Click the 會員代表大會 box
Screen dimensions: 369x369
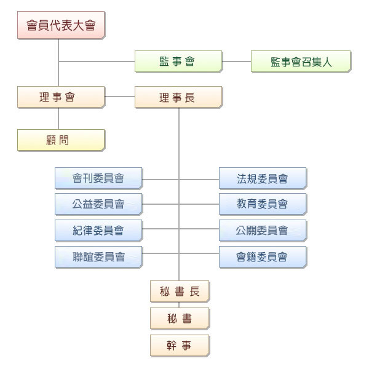pyautogui.click(x=61, y=25)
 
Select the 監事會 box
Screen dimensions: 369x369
pyautogui.click(x=178, y=61)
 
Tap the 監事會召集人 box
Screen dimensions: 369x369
pyautogui.click(x=301, y=61)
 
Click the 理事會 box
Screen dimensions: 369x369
pyautogui.click(x=61, y=97)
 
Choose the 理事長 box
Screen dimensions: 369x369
pyautogui.click(x=178, y=97)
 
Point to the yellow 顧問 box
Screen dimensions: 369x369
pyautogui.click(x=61, y=140)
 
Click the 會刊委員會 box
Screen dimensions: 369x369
pyautogui.click(x=98, y=178)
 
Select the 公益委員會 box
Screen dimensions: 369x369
pyautogui.click(x=98, y=204)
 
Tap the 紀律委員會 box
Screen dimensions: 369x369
pyautogui.click(x=98, y=231)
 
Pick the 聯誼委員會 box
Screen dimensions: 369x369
pyautogui.click(x=98, y=256)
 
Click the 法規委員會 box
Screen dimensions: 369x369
pyautogui.click(x=263, y=178)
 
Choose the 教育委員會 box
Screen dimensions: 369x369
pyautogui.click(x=263, y=204)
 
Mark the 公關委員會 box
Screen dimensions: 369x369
pyautogui.click(x=263, y=231)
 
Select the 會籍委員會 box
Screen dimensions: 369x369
pyautogui.click(x=263, y=256)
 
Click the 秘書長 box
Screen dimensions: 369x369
pyautogui.click(x=180, y=291)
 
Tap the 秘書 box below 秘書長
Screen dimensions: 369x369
pyautogui.click(x=180, y=318)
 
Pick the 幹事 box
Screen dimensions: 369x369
pyautogui.click(x=180, y=345)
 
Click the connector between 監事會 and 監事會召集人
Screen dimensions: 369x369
pyautogui.click(x=237, y=61)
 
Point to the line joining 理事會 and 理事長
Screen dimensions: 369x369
pyautogui.click(x=120, y=97)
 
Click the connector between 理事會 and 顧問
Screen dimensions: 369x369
pyautogui.click(x=58, y=118)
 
